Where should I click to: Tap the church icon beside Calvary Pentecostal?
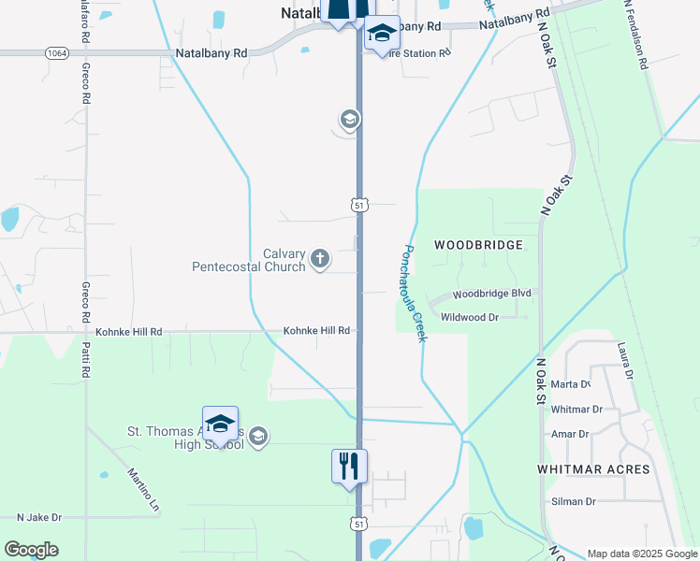(x=320, y=258)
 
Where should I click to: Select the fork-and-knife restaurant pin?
(x=349, y=466)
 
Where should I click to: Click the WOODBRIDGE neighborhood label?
(x=478, y=245)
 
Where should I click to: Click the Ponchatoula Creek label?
(x=414, y=293)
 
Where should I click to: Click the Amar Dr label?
(x=570, y=434)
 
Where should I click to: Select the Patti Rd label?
(x=85, y=356)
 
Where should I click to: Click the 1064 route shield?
(x=55, y=54)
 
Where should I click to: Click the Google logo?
(x=32, y=550)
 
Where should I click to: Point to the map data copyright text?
(x=641, y=554)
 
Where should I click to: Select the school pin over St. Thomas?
(x=220, y=424)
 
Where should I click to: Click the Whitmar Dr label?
(x=576, y=410)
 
